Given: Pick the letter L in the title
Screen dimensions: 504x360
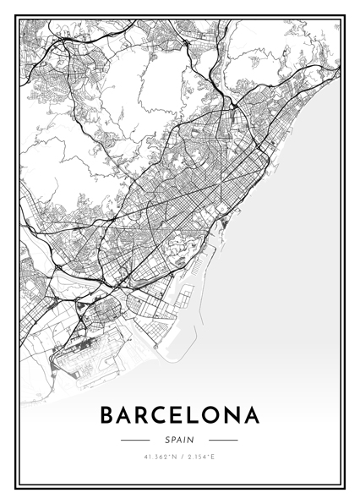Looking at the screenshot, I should (199, 415).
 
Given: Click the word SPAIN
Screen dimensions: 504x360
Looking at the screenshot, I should (179, 440).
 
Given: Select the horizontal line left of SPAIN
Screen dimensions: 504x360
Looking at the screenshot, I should (135, 440).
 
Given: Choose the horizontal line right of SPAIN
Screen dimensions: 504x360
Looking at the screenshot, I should (223, 440).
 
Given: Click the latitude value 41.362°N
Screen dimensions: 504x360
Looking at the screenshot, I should (160, 457).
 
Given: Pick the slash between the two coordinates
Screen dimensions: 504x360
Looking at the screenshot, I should (180, 457).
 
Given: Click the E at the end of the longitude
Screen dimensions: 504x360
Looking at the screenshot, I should (215, 457).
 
